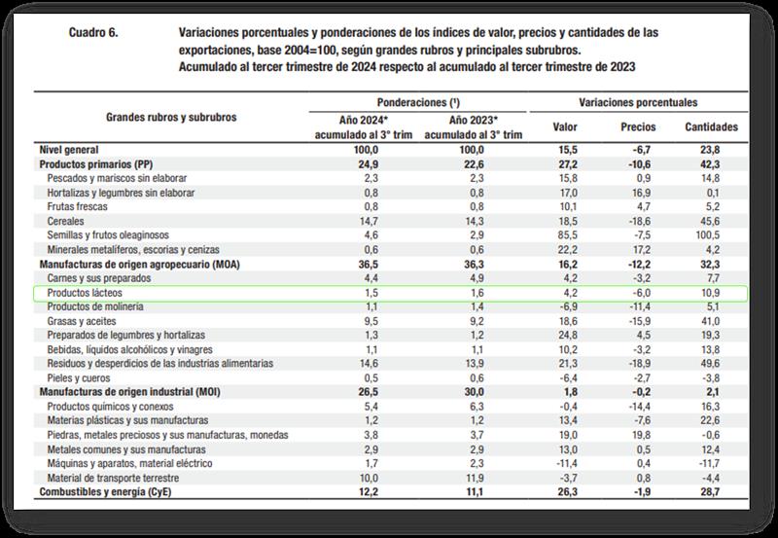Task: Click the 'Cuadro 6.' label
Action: click(x=93, y=32)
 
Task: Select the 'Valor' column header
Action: click(x=565, y=127)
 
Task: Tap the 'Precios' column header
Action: click(x=638, y=127)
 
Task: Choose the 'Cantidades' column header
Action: click(x=711, y=127)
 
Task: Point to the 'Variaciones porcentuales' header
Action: click(x=638, y=102)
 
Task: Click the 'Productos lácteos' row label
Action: click(x=85, y=293)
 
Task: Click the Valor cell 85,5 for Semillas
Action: click(x=565, y=236)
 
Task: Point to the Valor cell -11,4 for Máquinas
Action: click(x=565, y=463)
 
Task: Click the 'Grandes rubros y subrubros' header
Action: click(x=171, y=117)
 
